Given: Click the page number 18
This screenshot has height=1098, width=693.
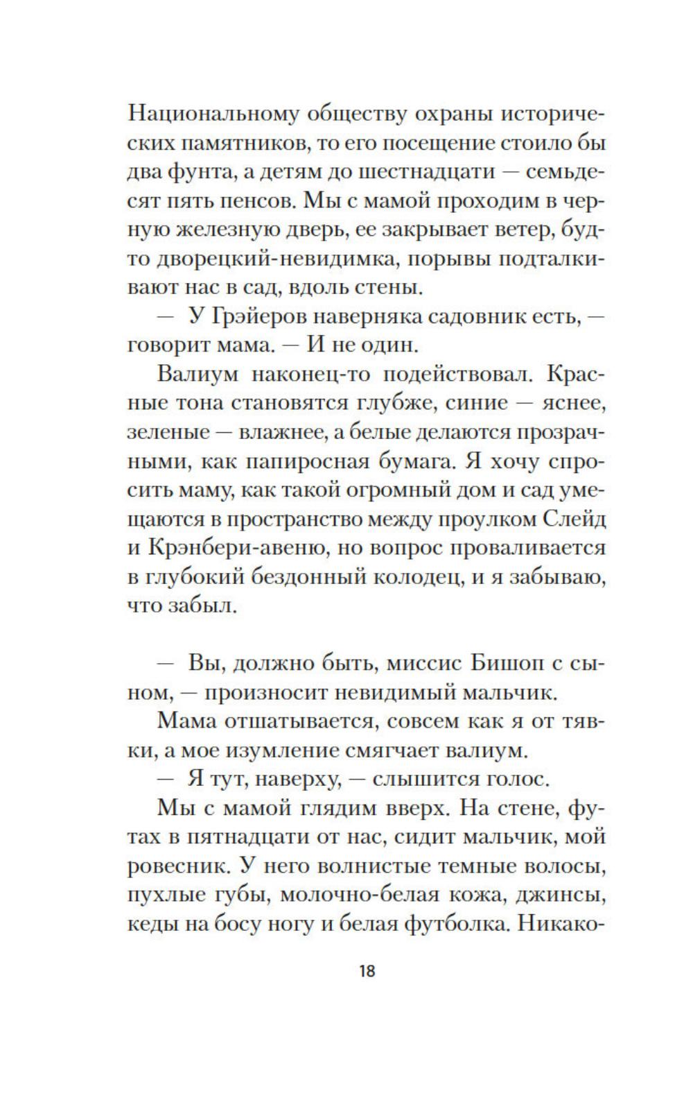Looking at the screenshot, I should pos(367,970).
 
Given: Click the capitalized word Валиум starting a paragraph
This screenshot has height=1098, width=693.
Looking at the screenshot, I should pos(199,374).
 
